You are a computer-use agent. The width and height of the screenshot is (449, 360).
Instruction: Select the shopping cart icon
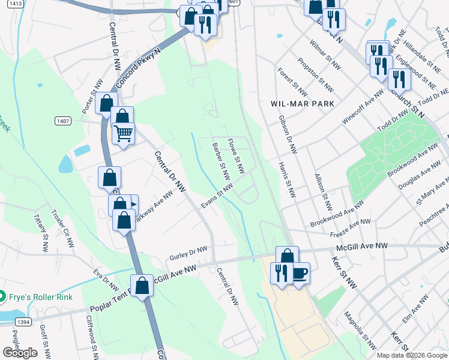(x=124, y=133)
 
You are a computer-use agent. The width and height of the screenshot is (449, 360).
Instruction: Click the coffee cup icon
(x=299, y=273)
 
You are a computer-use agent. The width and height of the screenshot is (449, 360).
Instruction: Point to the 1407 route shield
(x=62, y=121)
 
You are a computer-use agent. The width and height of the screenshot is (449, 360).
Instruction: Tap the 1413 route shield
(x=16, y=4)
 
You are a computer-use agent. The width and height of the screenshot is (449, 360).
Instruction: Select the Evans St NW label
(x=217, y=197)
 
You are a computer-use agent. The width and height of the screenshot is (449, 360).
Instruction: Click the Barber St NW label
(x=221, y=161)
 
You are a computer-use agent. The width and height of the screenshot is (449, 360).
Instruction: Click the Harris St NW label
(x=287, y=180)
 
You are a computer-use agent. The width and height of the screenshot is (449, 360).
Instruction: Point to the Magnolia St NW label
(x=360, y=330)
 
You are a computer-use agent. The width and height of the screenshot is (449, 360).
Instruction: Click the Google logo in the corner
(x=19, y=353)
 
